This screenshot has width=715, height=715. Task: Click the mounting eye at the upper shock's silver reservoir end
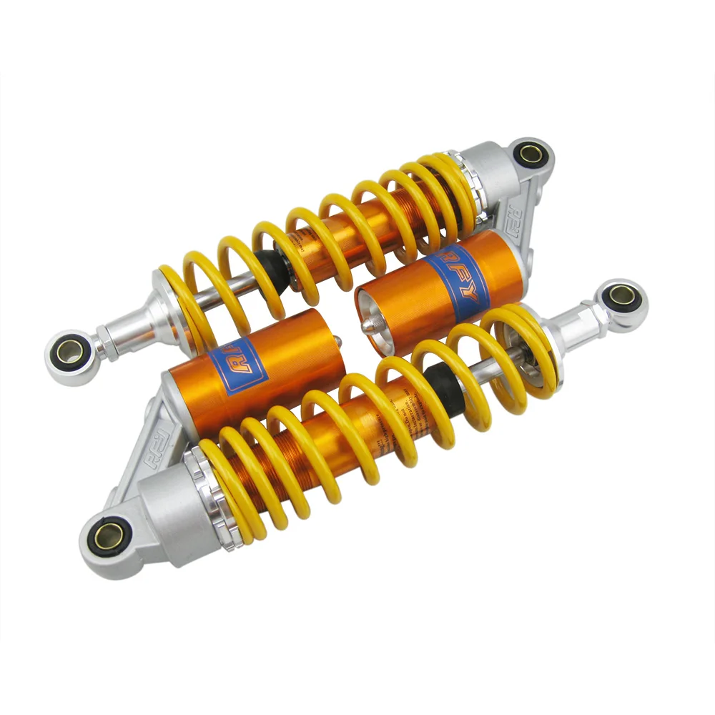(531, 153)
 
